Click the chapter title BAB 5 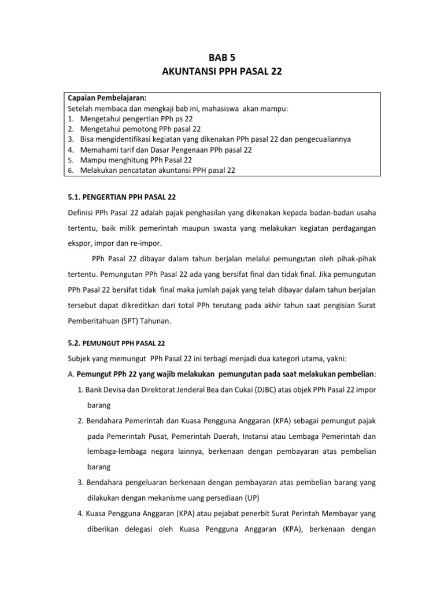pyautogui.click(x=222, y=57)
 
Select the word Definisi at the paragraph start pyautogui.click(x=83, y=213)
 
